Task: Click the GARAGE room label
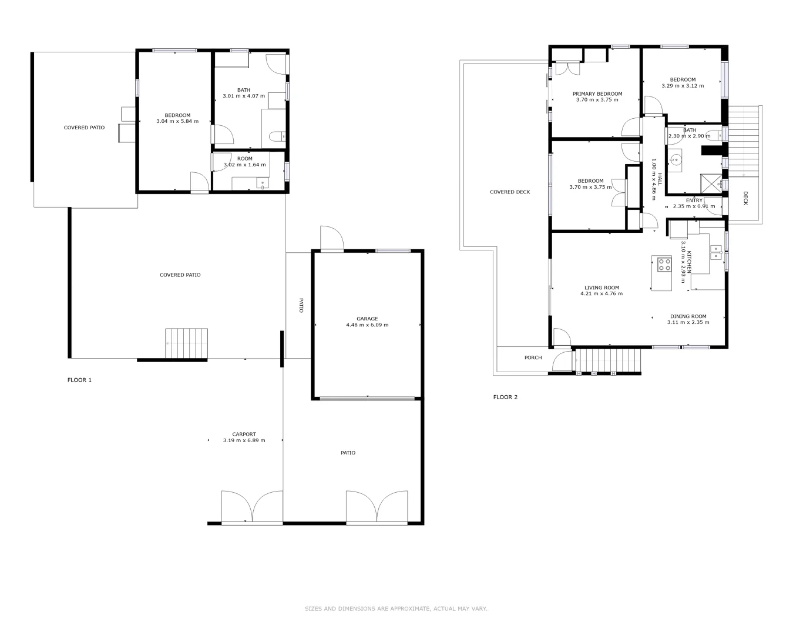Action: pyautogui.click(x=367, y=319)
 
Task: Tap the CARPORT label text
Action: pyautogui.click(x=244, y=434)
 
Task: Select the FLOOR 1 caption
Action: pyautogui.click(x=79, y=380)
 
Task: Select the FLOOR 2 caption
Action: pyautogui.click(x=505, y=397)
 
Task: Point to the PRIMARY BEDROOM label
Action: pyautogui.click(x=597, y=93)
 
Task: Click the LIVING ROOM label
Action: pyautogui.click(x=602, y=288)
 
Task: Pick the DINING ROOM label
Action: pyautogui.click(x=688, y=316)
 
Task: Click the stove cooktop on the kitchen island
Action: pyautogui.click(x=664, y=265)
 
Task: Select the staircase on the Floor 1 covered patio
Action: pyautogui.click(x=187, y=343)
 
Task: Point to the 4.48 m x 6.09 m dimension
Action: pyautogui.click(x=367, y=325)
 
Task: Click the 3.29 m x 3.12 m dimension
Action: pyautogui.click(x=683, y=86)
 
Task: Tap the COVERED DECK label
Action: pyautogui.click(x=510, y=192)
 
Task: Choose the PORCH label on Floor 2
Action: pyautogui.click(x=533, y=357)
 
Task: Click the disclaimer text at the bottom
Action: pyautogui.click(x=396, y=609)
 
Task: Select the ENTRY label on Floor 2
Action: pyautogui.click(x=694, y=200)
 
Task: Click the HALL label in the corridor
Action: pyautogui.click(x=660, y=179)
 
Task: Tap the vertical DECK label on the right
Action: pyautogui.click(x=745, y=198)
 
